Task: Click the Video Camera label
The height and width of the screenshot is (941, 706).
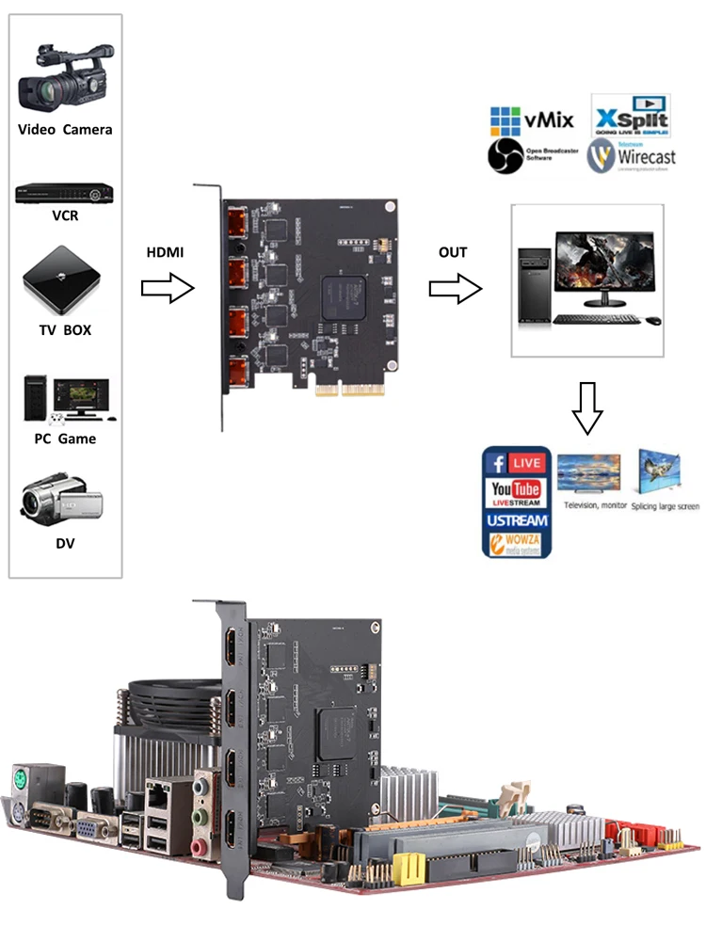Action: click(65, 130)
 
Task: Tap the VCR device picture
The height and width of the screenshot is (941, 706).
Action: click(65, 195)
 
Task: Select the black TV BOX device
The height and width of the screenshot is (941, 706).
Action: click(61, 279)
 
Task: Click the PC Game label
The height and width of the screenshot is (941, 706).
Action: click(65, 439)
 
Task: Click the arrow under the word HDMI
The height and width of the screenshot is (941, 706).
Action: click(168, 290)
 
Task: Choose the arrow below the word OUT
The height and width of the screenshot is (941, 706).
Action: click(455, 290)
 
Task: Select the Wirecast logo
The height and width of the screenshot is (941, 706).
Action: click(632, 156)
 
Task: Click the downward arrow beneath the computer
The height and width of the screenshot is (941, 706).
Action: click(587, 407)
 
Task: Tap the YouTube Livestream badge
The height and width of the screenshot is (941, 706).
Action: click(517, 493)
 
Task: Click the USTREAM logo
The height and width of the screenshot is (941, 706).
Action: click(517, 520)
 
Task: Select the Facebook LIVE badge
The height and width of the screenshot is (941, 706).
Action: click(517, 463)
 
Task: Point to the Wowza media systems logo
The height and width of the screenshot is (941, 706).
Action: click(517, 545)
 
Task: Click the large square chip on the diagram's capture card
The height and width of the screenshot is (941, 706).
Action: click(343, 296)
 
